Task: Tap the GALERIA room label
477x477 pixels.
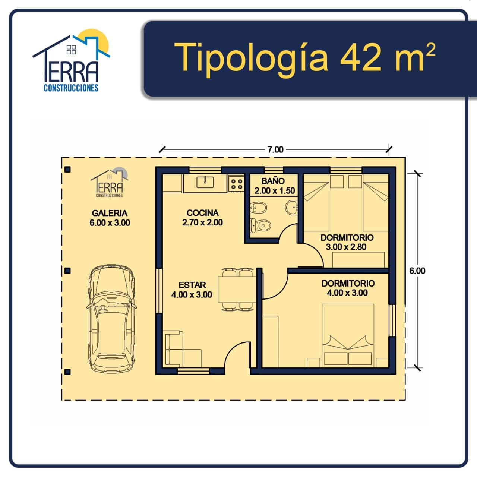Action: pyautogui.click(x=110, y=213)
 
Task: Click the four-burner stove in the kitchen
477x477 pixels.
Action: pyautogui.click(x=236, y=184)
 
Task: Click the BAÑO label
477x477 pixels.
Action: pyautogui.click(x=273, y=181)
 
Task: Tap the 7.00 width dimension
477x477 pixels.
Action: pyautogui.click(x=275, y=149)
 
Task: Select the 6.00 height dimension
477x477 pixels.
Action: pyautogui.click(x=417, y=271)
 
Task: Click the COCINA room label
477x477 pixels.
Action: pyautogui.click(x=202, y=213)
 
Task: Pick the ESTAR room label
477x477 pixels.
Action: pyautogui.click(x=192, y=285)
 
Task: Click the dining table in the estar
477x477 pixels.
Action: pyautogui.click(x=237, y=290)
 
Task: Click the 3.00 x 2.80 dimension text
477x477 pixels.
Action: pyautogui.click(x=346, y=247)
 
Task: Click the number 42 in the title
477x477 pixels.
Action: pyautogui.click(x=361, y=57)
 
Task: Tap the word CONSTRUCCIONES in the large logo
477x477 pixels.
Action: pyautogui.click(x=71, y=88)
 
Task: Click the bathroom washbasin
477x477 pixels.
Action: pyautogui.click(x=291, y=207)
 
